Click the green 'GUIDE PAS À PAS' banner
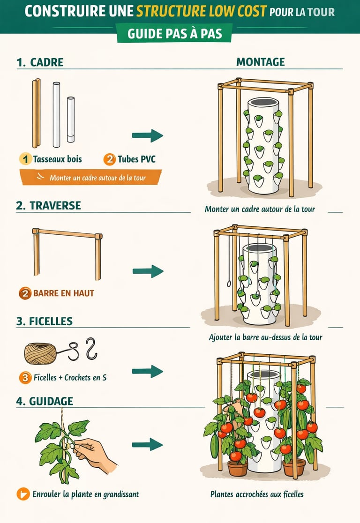coord(174,33)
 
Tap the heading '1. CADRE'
coord(40,62)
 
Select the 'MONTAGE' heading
coord(261,62)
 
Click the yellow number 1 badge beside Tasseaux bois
coord(25,159)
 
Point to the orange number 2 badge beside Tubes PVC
coord(109,159)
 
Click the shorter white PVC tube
coord(71,120)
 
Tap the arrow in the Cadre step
coord(148,135)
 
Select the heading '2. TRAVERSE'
coord(48,205)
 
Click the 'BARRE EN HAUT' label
coord(63,293)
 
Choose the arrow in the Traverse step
coord(148,271)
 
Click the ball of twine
coord(40,353)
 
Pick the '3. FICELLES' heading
coord(45,321)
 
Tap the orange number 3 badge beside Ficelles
coord(25,378)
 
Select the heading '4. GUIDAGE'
coord(45,401)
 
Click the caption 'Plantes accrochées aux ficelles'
coord(257,494)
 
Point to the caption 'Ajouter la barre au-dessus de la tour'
coord(266,337)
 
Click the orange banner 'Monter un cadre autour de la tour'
coord(91,177)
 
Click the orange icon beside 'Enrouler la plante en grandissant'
coord(23,494)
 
